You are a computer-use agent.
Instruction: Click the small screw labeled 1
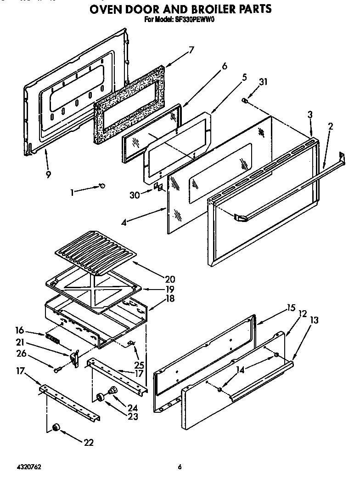click(102, 186)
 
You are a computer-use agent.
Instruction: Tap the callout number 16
click(19, 330)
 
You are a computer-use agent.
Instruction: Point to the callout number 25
click(138, 365)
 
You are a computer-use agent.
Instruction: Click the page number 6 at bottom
click(180, 467)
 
